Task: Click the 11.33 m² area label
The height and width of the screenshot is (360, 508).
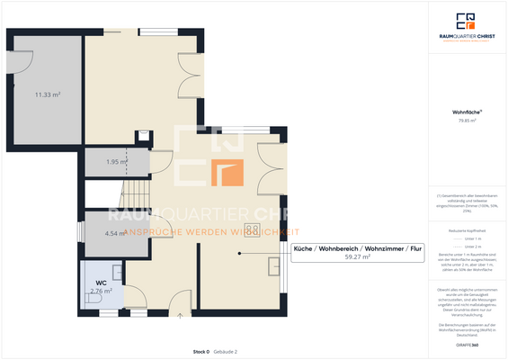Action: [x=48, y=94]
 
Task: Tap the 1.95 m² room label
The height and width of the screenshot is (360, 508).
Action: [x=116, y=162]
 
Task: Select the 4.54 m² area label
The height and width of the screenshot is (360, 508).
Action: [x=114, y=233]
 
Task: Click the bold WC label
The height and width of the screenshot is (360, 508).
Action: [x=101, y=283]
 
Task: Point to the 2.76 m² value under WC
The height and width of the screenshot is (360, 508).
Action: [x=101, y=291]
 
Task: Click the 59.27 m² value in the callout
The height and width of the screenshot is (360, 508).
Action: [x=357, y=256]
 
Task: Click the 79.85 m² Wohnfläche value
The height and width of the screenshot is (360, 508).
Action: [x=467, y=119]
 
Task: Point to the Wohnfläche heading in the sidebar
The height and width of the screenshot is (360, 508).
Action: [x=467, y=111]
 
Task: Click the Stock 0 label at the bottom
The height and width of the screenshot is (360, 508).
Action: [x=201, y=351]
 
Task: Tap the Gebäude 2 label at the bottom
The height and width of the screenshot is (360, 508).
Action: [x=224, y=351]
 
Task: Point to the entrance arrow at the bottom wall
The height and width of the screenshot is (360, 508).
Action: [x=180, y=315]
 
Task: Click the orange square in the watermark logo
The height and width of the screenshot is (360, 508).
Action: [x=226, y=171]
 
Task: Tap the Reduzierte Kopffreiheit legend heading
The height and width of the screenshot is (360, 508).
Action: [x=467, y=230]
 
